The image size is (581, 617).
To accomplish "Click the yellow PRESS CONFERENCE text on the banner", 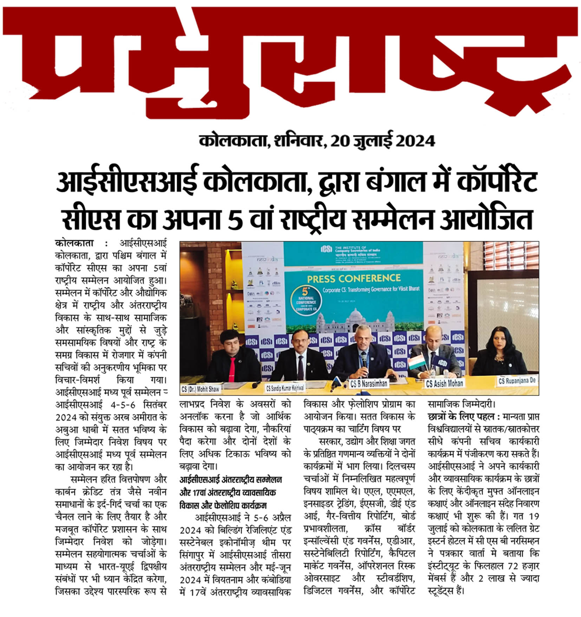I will [354, 279].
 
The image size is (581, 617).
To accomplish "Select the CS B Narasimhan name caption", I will [368, 383].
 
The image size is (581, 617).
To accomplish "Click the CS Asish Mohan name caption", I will [444, 383].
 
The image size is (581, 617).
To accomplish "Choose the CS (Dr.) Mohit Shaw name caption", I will [200, 389].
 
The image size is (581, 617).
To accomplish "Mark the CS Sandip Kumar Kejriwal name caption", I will [285, 388].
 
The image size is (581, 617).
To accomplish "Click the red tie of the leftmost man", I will [232, 369].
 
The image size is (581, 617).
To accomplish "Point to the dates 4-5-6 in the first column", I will [123, 405].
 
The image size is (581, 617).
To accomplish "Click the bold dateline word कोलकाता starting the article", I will [74, 243].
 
